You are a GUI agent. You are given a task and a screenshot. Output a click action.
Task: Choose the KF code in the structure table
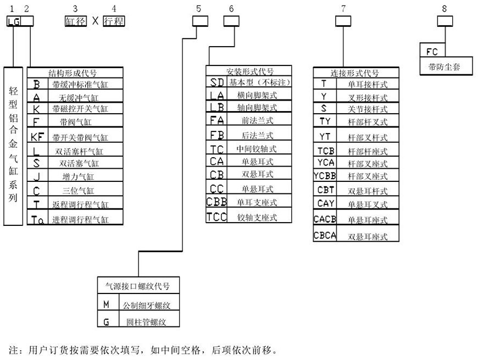37,137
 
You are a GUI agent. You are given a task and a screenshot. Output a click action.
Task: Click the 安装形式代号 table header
249,71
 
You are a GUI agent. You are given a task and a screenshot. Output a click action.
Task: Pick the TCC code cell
216,217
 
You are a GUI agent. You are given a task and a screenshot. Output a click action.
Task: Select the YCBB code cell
324,176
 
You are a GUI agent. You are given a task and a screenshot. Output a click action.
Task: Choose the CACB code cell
324,220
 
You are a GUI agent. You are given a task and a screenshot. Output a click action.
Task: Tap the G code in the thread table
106,320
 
